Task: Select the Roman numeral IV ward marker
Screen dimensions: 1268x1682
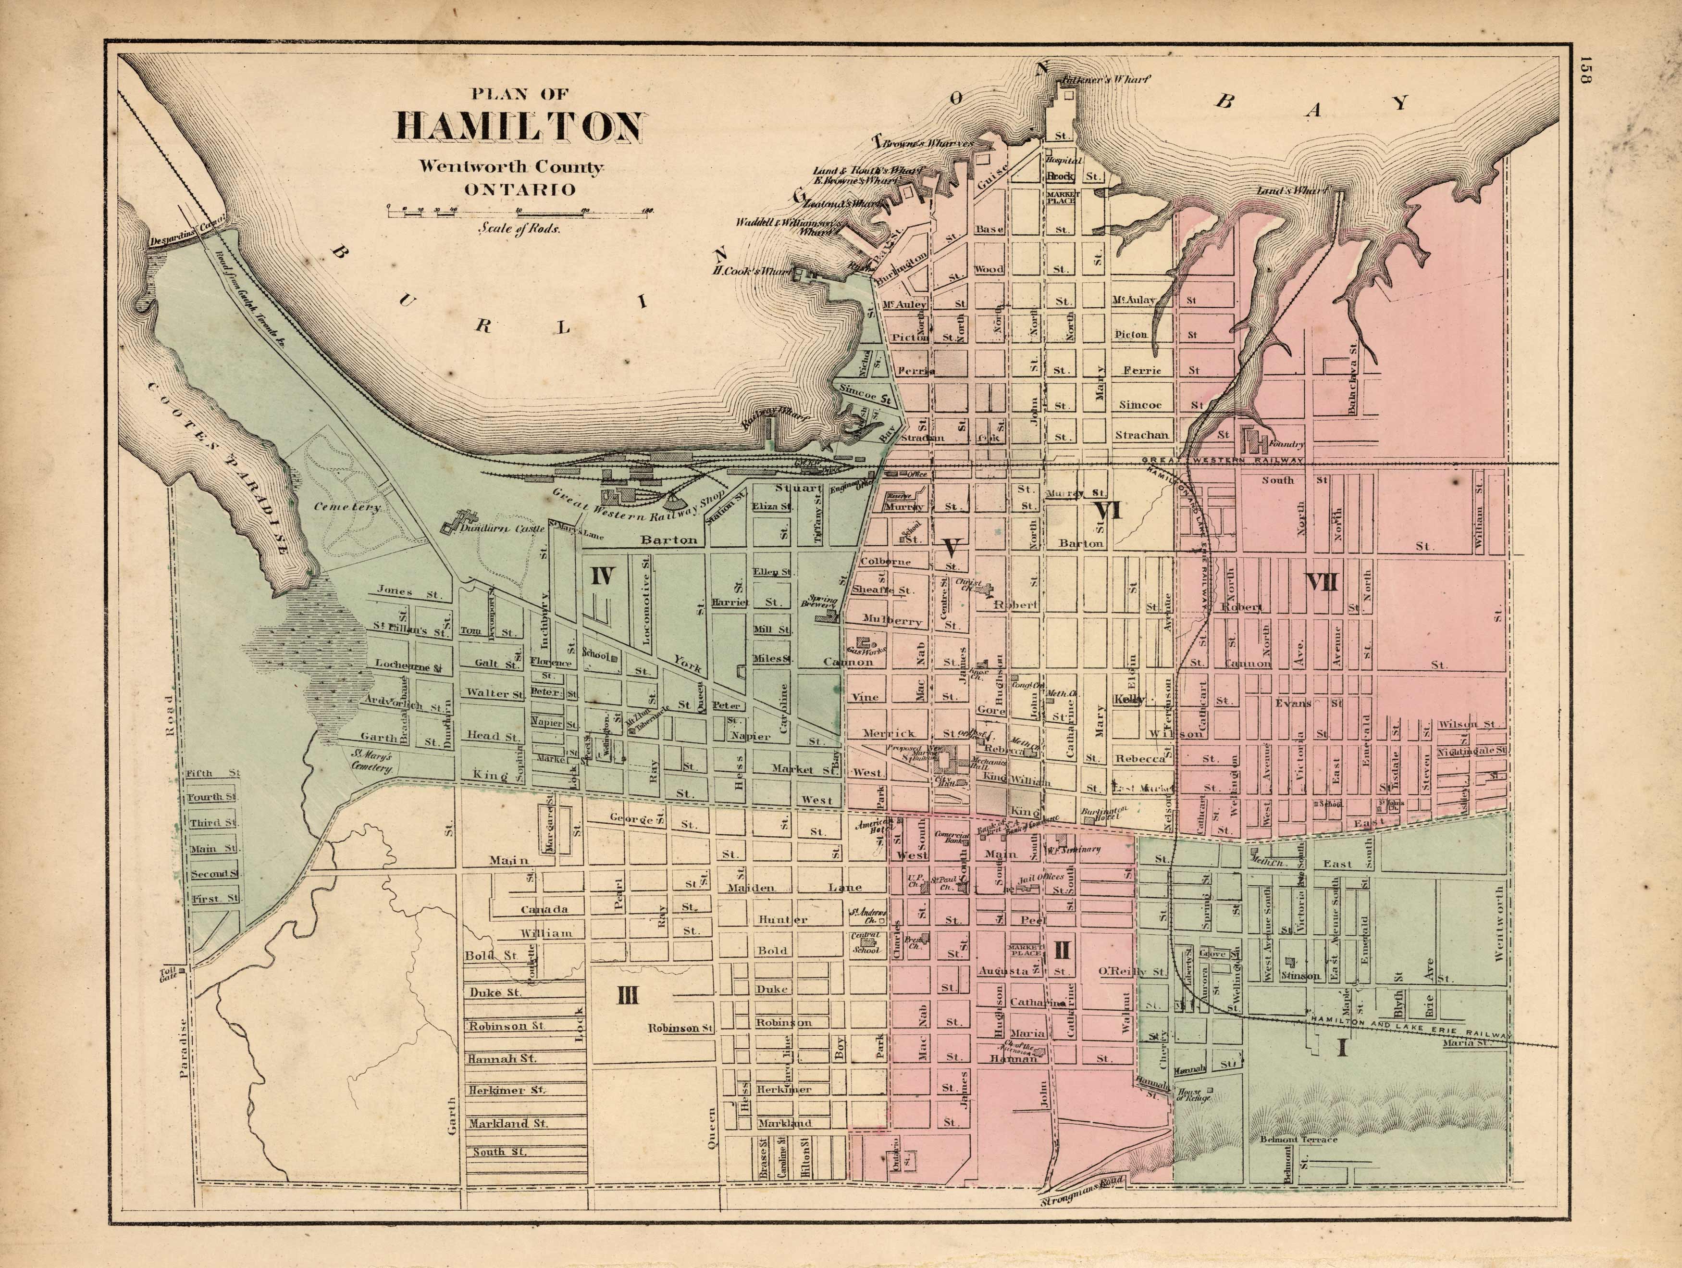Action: (602, 576)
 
